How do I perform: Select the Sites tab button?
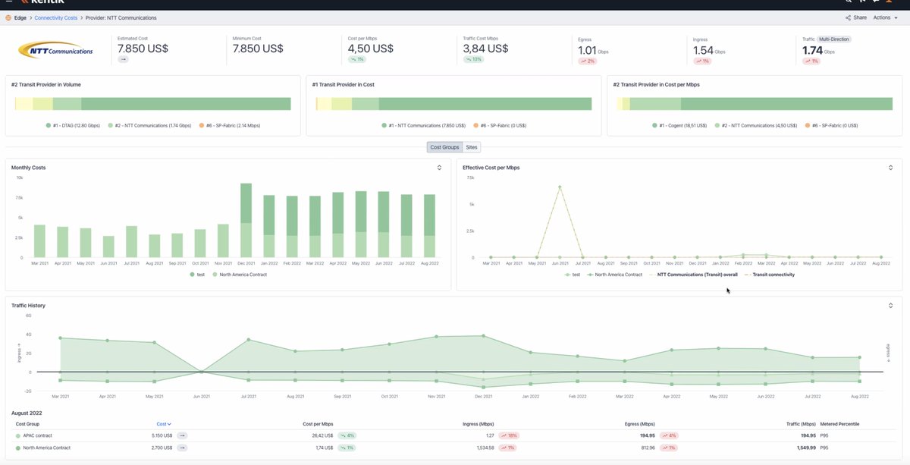pos(472,147)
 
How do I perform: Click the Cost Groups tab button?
pos(444,147)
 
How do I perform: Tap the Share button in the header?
pos(856,17)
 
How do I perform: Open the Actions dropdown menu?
pos(884,17)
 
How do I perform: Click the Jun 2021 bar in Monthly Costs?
pos(109,247)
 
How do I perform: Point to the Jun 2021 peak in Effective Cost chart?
pos(560,186)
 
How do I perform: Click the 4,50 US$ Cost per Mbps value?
pos(370,48)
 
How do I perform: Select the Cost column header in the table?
pos(162,423)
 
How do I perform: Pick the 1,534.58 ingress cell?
pos(482,448)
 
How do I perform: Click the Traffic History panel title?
pos(28,305)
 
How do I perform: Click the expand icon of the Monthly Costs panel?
pos(439,167)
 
